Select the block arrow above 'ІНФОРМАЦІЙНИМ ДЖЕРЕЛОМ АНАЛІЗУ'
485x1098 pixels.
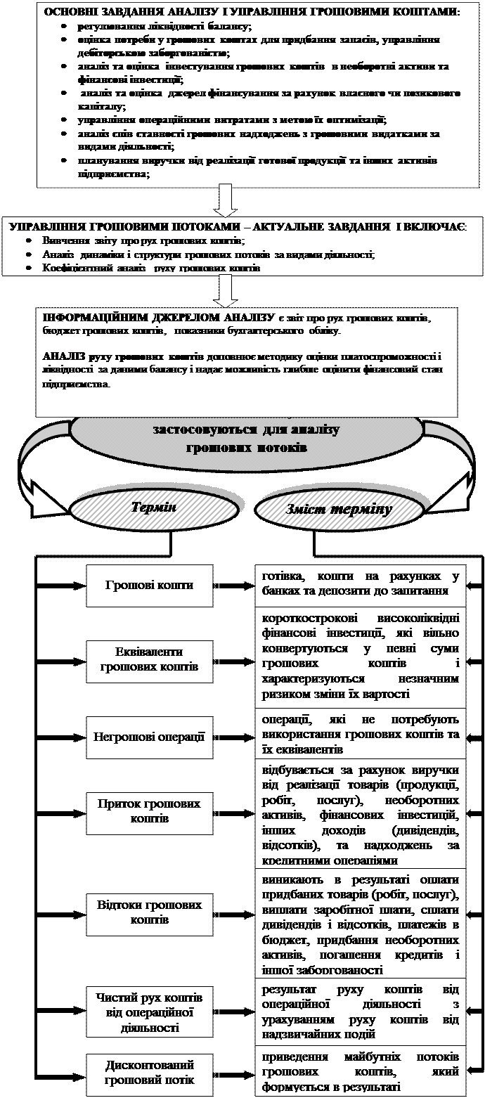(226, 290)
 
